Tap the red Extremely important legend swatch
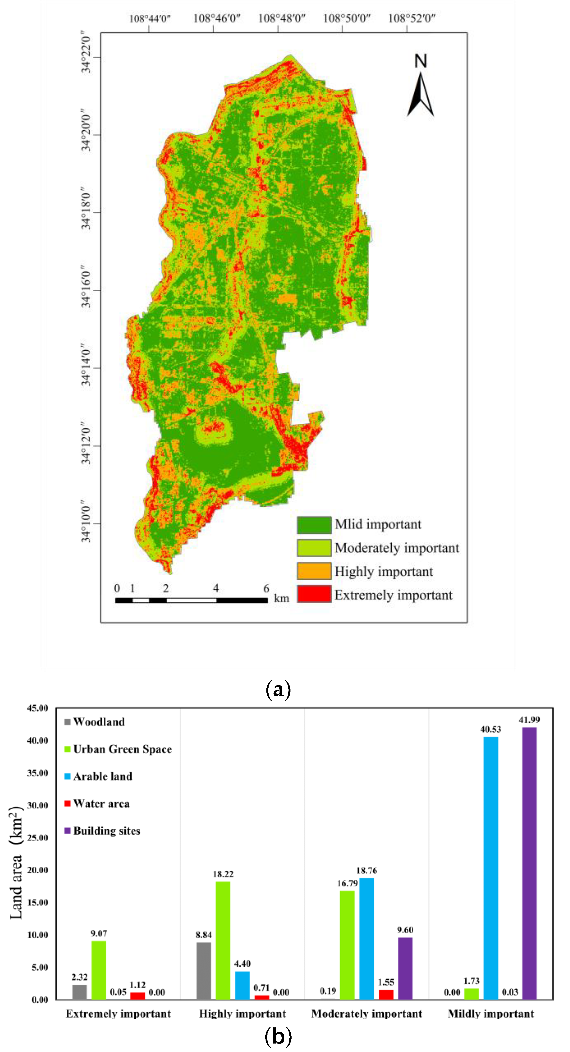tap(314, 594)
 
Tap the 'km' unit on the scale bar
tap(281, 598)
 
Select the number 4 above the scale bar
tap(216, 588)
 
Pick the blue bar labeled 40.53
tap(490, 868)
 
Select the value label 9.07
tap(99, 933)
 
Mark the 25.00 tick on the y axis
tap(37, 838)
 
